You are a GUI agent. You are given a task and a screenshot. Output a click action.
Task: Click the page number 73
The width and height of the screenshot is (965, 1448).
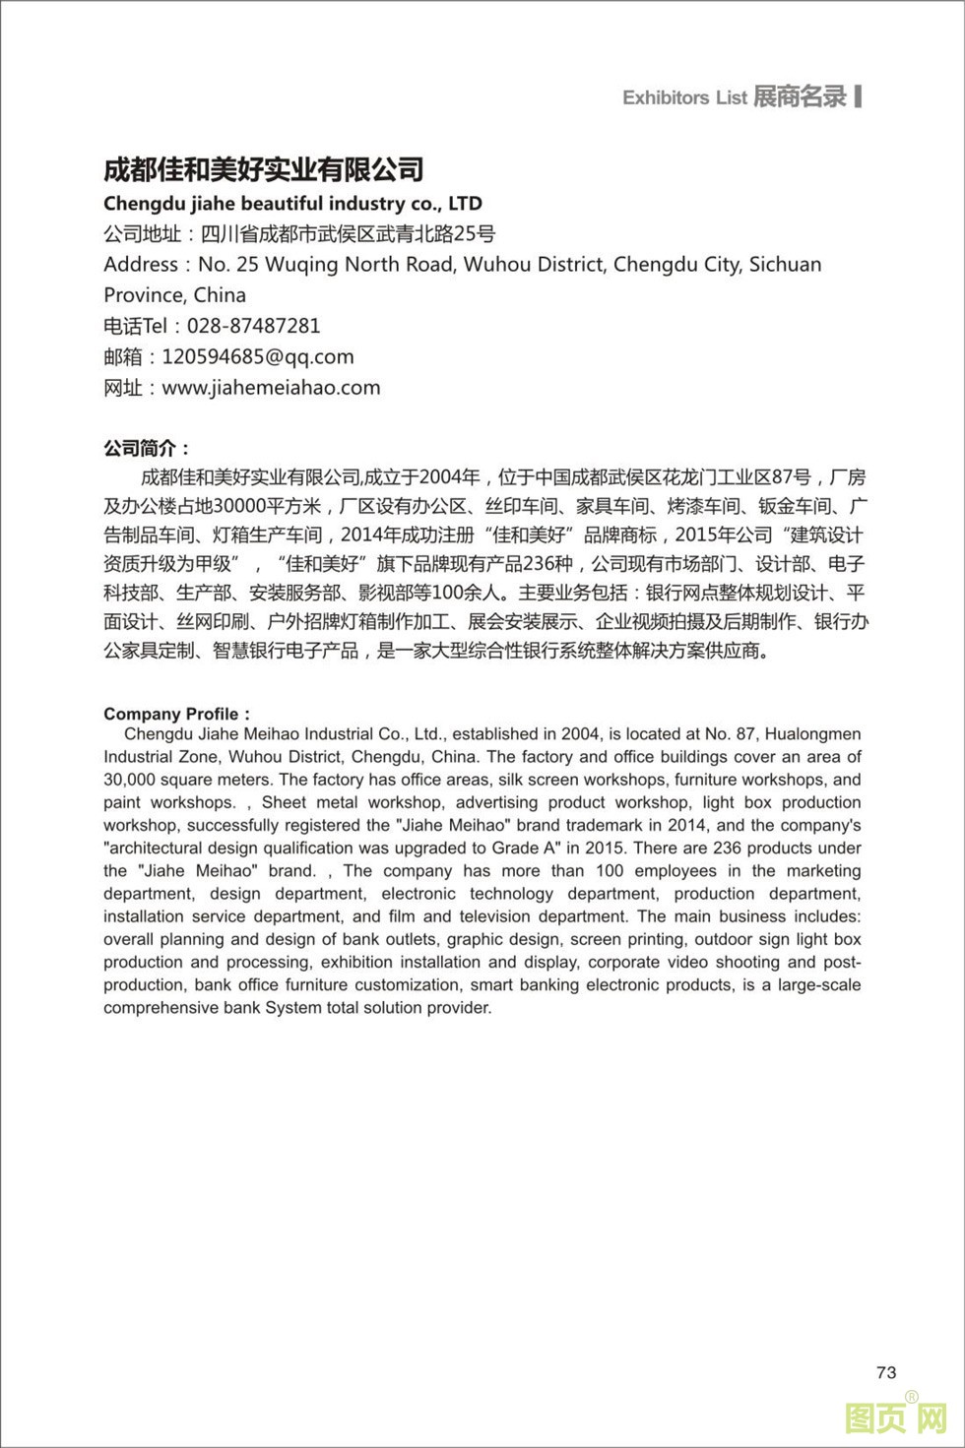click(885, 1372)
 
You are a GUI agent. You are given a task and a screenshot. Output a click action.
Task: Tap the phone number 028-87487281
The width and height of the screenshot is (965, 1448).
click(247, 326)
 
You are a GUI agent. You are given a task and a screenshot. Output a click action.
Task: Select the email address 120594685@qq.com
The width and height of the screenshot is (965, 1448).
click(258, 356)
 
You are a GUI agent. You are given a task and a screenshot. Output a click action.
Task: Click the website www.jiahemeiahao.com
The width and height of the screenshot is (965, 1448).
click(271, 388)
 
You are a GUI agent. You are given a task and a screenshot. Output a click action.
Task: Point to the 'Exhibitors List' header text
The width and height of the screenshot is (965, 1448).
click(684, 97)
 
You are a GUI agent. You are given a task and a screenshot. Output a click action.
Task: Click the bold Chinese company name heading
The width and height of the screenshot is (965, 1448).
click(264, 169)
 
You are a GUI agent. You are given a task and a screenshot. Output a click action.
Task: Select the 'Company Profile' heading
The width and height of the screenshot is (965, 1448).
click(172, 714)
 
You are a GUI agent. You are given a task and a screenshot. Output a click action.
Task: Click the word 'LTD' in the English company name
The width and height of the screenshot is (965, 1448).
click(465, 204)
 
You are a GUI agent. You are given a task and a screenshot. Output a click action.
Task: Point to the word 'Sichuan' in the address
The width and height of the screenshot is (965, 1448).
click(785, 264)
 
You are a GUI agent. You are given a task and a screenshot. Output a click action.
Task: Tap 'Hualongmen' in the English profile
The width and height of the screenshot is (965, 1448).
click(812, 734)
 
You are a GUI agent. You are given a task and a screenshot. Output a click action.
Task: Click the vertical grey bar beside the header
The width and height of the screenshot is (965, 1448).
click(859, 96)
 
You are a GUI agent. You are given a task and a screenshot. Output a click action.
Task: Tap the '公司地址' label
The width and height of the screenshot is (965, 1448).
click(142, 234)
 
